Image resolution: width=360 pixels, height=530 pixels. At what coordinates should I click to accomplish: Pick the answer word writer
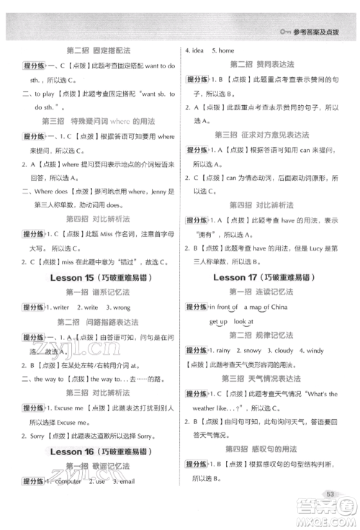point(59,307)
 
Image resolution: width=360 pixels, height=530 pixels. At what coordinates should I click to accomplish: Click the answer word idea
point(198,50)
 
